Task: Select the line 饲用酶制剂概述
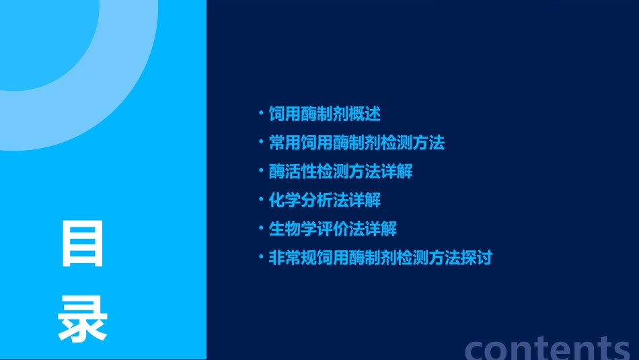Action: (324, 114)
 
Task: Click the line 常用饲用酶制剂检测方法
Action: (356, 143)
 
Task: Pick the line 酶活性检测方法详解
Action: (340, 172)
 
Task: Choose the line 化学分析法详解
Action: (324, 200)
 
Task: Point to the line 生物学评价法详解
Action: (332, 229)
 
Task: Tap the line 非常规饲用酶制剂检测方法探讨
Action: (380, 258)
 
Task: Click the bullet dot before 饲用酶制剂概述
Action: (261, 113)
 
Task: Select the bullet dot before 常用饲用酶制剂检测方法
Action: (261, 142)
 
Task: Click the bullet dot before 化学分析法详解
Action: (261, 199)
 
